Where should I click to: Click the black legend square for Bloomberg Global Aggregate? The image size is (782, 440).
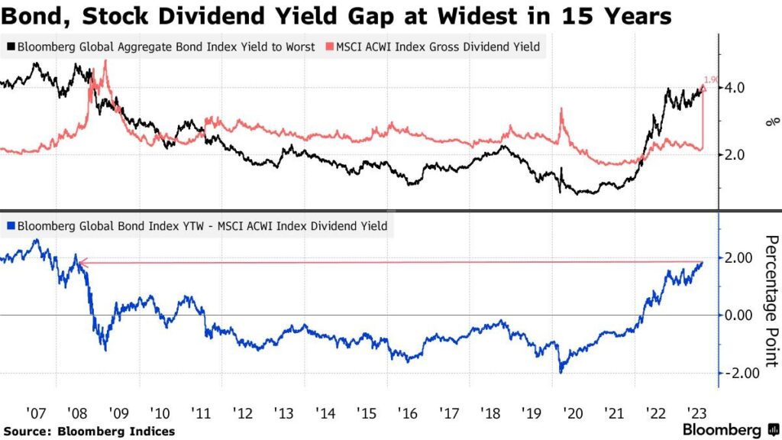[x=9, y=47]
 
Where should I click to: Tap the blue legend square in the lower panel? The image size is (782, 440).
[x=9, y=226]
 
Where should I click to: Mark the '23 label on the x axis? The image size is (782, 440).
[x=695, y=413]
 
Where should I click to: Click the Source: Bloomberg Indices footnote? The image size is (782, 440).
[x=89, y=432]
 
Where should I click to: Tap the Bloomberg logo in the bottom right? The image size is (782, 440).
[x=729, y=429]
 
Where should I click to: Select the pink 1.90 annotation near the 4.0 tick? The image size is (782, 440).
[x=710, y=79]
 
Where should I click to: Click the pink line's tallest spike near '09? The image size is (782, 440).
[x=104, y=63]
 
